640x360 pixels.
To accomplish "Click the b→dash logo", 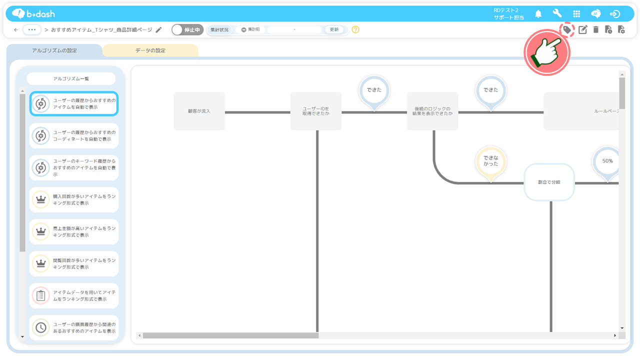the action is pyautogui.click(x=33, y=13).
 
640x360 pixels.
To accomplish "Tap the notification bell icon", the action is pyautogui.click(x=538, y=13).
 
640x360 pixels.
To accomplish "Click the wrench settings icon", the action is pyautogui.click(x=557, y=13).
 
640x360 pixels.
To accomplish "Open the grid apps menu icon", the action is pyautogui.click(x=576, y=13).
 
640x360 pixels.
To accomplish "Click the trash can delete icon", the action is pyautogui.click(x=595, y=29).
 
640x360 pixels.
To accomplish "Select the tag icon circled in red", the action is pyautogui.click(x=567, y=29).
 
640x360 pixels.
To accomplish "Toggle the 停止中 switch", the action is pyautogui.click(x=187, y=29).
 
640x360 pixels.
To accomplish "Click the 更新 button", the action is pyautogui.click(x=334, y=29).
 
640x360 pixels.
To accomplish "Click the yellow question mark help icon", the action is pyautogui.click(x=355, y=29).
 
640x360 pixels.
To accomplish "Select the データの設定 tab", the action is pyautogui.click(x=150, y=50).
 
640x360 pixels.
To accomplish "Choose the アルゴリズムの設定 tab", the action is pyautogui.click(x=54, y=50).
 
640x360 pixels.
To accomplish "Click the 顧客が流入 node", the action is pyautogui.click(x=199, y=111).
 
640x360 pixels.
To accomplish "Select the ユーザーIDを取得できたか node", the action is pyautogui.click(x=315, y=111).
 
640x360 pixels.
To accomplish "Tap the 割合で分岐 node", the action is pyautogui.click(x=549, y=182).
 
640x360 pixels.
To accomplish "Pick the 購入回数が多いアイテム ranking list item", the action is pyautogui.click(x=74, y=199).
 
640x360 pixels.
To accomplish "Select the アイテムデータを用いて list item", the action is pyautogui.click(x=74, y=295).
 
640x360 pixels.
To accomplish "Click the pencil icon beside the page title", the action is pyautogui.click(x=158, y=29).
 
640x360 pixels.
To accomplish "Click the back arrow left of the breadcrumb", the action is pyautogui.click(x=16, y=29).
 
